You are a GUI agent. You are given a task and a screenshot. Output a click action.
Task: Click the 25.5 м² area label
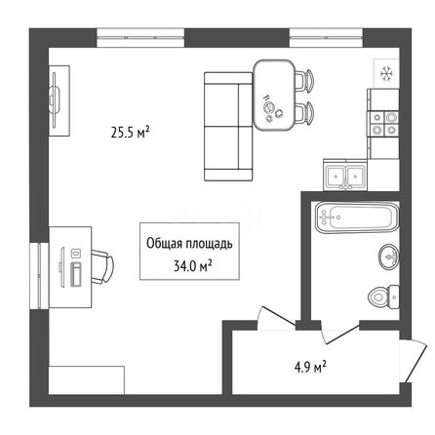tap(130, 133)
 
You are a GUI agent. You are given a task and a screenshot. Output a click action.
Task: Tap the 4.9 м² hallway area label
tap(310, 368)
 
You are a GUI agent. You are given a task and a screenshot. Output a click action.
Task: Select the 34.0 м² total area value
tap(192, 266)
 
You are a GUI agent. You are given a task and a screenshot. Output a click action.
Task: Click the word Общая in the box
tap(164, 244)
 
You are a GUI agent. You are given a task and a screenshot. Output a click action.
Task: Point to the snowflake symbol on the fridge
tap(386, 73)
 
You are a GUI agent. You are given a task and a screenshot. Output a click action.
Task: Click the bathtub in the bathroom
tap(357, 217)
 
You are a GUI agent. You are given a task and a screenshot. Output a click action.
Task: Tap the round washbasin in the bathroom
tap(389, 257)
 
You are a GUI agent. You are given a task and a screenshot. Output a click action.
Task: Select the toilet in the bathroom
tap(383, 297)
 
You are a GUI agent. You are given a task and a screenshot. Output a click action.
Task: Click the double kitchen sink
tap(345, 175)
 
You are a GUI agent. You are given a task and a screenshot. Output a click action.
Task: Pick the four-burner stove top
tap(383, 124)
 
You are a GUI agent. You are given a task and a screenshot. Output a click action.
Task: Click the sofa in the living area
tap(228, 127)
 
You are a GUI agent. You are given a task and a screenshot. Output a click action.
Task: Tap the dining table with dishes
tap(274, 96)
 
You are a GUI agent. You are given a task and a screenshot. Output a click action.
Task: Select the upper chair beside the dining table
tap(305, 81)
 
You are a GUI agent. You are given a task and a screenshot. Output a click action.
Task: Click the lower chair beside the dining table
tap(305, 113)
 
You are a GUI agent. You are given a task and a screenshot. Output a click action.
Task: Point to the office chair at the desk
tap(102, 266)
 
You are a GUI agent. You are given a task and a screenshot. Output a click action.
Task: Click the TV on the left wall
tap(55, 100)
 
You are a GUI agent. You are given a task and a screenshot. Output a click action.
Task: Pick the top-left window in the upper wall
tap(140, 38)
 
